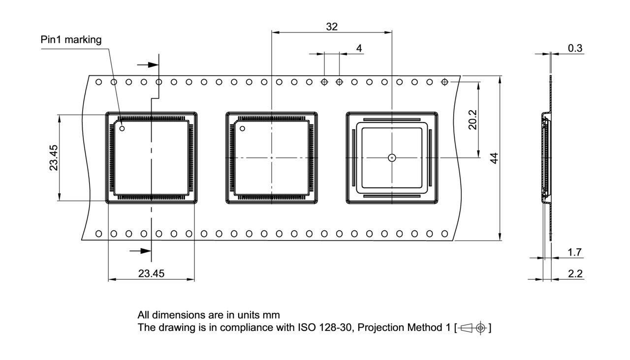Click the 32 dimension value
pos(332,27)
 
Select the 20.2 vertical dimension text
pos(472,120)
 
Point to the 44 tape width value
pos(495,158)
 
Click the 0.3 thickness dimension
pos(575,48)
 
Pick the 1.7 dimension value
pos(574,252)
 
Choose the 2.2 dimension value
pos(574,274)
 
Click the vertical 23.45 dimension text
pos(54,157)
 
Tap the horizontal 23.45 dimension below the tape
pos(151,274)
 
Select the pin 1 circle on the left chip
pos(122,129)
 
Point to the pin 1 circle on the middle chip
pos(242,129)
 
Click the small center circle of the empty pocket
pos(391,158)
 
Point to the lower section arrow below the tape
pos(140,251)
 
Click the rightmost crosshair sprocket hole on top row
pos(444,82)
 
